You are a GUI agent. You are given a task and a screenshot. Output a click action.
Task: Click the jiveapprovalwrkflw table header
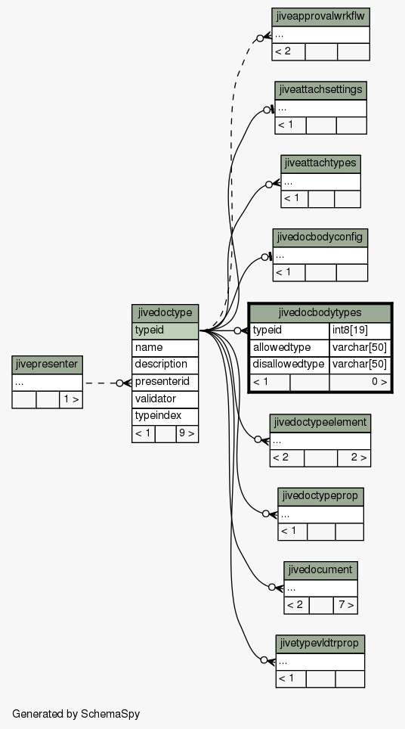[x=320, y=17]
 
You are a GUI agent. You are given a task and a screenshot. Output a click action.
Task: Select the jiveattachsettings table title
[x=320, y=90]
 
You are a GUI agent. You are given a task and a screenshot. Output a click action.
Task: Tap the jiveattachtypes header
[x=320, y=163]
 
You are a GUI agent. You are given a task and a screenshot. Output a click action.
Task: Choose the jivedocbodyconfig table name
[x=320, y=237]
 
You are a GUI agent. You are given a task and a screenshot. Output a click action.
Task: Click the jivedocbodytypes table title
[x=320, y=313]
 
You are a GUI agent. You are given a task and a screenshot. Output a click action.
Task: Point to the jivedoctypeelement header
[x=320, y=423]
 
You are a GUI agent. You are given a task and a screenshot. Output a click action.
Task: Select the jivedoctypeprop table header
[x=320, y=497]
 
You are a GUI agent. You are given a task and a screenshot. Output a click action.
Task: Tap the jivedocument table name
[x=320, y=570]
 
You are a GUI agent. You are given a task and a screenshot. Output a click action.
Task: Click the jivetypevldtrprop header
[x=320, y=644]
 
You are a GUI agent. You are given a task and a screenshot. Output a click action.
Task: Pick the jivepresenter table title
[x=48, y=364]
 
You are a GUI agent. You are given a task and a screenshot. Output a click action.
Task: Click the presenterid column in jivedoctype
[x=165, y=382]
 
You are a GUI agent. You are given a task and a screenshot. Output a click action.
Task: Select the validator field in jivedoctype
[x=165, y=399]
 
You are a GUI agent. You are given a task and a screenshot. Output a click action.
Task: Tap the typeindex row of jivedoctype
[x=165, y=416]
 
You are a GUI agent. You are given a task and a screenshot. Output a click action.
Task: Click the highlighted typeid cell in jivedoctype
[x=165, y=330]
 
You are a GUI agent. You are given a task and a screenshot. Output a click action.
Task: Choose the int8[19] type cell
[x=360, y=330]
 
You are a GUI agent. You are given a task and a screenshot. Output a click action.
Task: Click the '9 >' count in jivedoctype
[x=187, y=434]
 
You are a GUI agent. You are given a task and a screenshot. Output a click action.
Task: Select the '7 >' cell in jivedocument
[x=345, y=605]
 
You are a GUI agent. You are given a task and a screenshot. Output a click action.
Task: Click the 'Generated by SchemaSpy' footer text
[x=76, y=714]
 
